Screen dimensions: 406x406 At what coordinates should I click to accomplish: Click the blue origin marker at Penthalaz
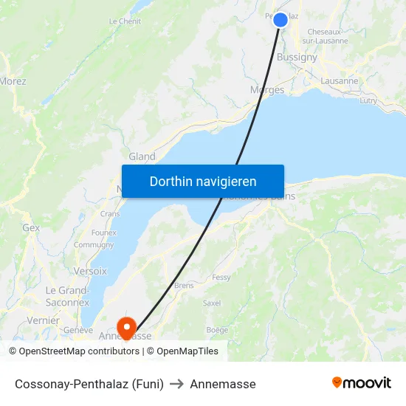tap(281, 20)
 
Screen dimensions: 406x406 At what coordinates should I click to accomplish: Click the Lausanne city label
tap(340, 81)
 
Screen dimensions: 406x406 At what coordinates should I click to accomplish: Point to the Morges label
tap(267, 90)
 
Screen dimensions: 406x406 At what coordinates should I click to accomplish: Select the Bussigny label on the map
tap(297, 57)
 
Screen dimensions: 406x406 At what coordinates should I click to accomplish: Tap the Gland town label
tap(142, 156)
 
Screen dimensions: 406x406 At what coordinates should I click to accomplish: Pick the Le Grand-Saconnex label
tap(67, 296)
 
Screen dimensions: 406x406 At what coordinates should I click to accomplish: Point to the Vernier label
tap(43, 320)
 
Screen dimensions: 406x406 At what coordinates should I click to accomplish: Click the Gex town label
tap(31, 228)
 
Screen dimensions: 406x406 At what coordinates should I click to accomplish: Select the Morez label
tap(13, 81)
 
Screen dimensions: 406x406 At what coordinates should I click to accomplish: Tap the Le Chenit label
tap(125, 21)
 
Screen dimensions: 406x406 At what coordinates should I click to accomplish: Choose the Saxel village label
tap(212, 303)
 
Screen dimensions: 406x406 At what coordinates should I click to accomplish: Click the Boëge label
tap(218, 330)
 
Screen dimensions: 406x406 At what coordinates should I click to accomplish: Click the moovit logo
tap(362, 383)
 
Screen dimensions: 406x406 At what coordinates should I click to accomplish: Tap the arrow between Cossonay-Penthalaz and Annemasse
tap(176, 384)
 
